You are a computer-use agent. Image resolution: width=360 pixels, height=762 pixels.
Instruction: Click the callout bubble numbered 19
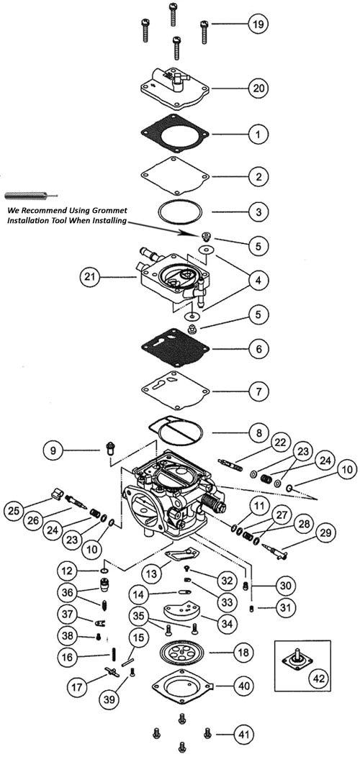pyautogui.click(x=256, y=24)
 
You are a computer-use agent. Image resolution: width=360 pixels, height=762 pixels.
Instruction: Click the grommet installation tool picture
pyautogui.click(x=27, y=195)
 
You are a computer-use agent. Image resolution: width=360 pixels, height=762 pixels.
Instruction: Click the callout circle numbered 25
pyautogui.click(x=14, y=510)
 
